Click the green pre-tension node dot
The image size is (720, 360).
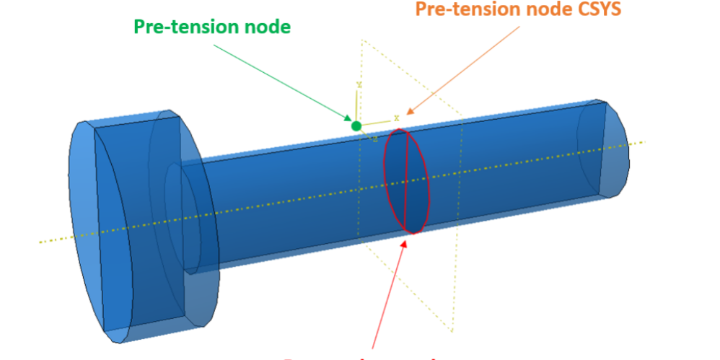point(356,126)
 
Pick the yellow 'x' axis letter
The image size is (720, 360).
point(396,118)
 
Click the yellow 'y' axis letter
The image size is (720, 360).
point(359,85)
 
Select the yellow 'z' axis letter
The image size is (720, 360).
point(375,139)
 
